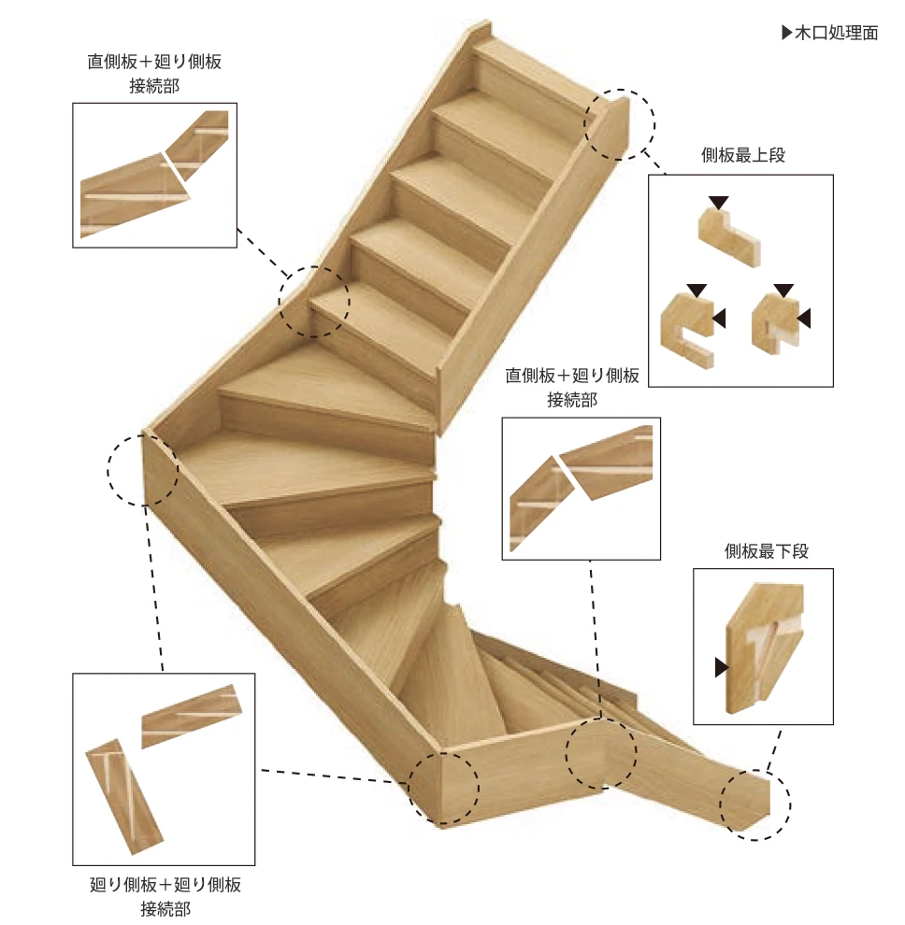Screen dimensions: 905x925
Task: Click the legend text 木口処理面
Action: (836, 33)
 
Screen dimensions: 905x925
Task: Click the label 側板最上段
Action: (742, 155)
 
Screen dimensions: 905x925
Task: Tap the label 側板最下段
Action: (767, 551)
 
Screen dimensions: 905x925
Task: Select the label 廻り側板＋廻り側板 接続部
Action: (165, 896)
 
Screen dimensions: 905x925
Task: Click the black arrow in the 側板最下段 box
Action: (722, 668)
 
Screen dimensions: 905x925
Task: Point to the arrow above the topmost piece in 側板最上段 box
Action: (718, 203)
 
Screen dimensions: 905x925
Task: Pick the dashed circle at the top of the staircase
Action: (619, 124)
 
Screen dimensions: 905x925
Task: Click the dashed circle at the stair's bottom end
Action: (754, 804)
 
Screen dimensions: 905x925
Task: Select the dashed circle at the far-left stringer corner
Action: (143, 470)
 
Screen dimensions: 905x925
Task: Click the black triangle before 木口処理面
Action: (787, 33)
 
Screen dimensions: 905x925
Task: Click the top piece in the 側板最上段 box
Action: (729, 237)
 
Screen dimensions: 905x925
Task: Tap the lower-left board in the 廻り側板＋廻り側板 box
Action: (125, 796)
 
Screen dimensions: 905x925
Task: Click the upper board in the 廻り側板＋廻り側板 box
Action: (192, 716)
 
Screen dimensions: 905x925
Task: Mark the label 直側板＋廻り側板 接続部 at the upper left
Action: (154, 74)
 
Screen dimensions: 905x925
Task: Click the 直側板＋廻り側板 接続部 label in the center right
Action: (571, 388)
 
